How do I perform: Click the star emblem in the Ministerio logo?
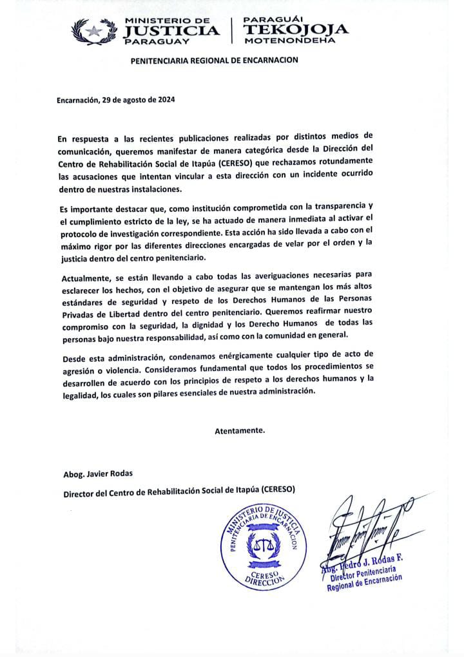tap(95, 30)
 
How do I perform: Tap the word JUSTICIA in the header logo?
tap(170, 30)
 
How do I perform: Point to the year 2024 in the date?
tap(165, 100)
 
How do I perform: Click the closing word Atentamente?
tap(239, 431)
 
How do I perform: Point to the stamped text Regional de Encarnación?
tap(364, 580)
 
